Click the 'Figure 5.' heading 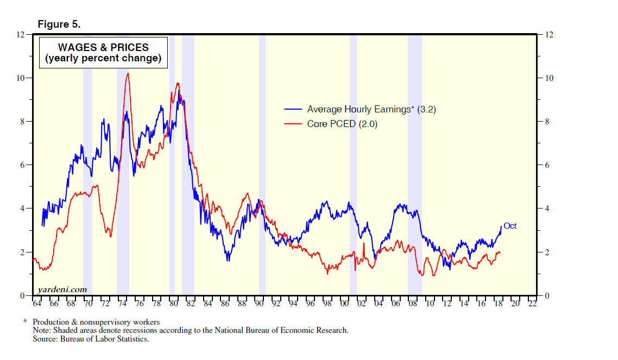[59, 24]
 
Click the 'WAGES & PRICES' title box [103, 53]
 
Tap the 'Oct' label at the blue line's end [510, 226]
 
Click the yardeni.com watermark [62, 289]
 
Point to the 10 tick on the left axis [22, 78]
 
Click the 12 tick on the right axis [548, 35]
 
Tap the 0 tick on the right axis [547, 296]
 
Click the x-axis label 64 [37, 304]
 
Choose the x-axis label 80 [174, 304]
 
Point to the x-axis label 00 [344, 304]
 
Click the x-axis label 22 [532, 304]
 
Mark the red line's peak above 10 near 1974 [127, 73]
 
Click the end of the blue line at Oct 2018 [501, 226]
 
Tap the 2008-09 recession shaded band [414, 163]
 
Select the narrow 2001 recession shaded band [353, 163]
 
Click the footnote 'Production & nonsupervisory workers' [96, 323]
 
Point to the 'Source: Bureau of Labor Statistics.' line [90, 339]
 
